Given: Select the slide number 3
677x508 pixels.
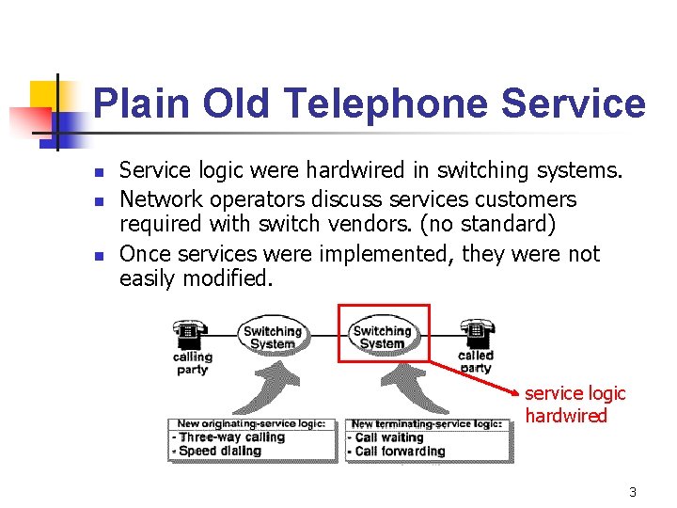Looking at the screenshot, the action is click(633, 492).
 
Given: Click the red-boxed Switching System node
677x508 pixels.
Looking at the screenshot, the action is click(382, 336).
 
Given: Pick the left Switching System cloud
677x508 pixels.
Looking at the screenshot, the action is click(272, 336).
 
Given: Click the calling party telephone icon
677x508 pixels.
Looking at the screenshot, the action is click(190, 334).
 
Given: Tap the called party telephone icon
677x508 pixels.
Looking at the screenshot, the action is click(475, 334).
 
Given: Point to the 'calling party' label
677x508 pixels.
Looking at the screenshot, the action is click(192, 363).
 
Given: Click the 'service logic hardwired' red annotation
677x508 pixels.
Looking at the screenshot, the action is click(575, 405).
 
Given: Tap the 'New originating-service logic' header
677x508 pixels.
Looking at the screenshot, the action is click(251, 424).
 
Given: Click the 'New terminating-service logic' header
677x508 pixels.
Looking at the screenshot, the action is click(425, 424).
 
